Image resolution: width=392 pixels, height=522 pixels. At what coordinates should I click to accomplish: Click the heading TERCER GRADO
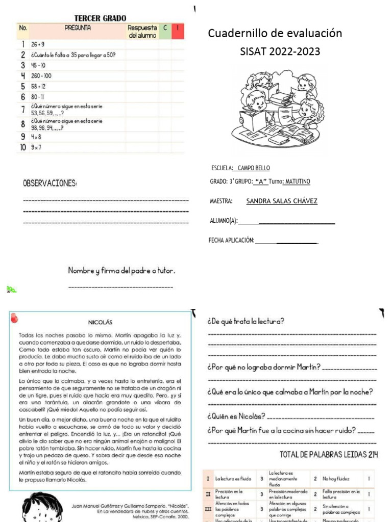101,18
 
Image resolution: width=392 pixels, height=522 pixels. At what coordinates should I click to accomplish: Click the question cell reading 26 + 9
38,44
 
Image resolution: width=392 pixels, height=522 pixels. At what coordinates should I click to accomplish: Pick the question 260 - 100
41,75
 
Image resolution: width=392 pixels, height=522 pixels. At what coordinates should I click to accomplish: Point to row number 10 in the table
23,148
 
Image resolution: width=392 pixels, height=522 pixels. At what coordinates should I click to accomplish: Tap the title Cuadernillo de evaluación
275,34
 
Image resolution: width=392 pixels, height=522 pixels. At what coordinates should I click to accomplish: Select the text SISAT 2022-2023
280,52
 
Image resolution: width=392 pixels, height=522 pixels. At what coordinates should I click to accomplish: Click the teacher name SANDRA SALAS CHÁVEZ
282,201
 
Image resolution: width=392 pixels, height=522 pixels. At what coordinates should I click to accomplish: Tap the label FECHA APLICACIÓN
231,240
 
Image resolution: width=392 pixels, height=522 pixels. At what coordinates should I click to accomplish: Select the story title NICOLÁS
101,322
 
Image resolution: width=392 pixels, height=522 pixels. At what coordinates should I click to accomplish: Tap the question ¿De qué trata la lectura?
246,322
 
